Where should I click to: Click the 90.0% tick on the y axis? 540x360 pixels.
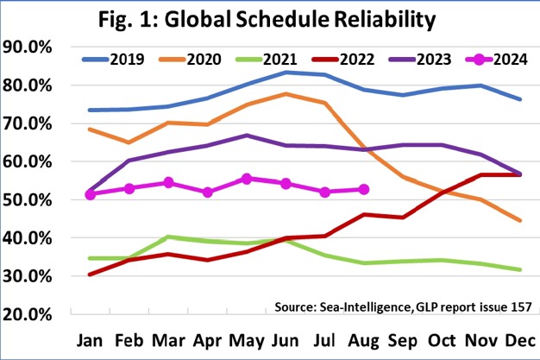tap(35, 47)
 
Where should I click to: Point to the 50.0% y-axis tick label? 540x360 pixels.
tap(35, 199)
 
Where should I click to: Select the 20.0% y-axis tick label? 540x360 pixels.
tap(35, 314)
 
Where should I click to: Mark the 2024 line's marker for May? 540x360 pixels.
tap(247, 179)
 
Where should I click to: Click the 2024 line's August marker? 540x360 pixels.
tap(363, 189)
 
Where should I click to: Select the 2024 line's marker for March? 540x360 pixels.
tap(169, 183)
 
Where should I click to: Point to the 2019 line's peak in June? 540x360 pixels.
tap(286, 73)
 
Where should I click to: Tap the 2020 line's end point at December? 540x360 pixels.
tap(518, 221)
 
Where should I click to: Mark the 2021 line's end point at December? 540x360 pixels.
tap(518, 269)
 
